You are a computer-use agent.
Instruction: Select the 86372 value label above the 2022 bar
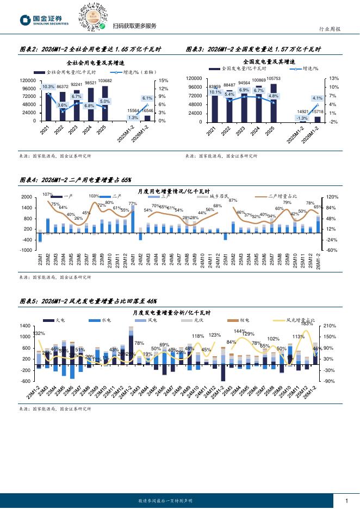click(63, 87)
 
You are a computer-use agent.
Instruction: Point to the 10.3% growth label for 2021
click(48, 86)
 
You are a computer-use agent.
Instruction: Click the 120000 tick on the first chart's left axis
click(28, 80)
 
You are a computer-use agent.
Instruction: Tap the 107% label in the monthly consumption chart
click(47, 195)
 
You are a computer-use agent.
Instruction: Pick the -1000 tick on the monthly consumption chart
click(26, 250)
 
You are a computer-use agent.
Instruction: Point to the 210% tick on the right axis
click(330, 326)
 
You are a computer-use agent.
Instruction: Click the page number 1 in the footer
click(347, 500)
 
